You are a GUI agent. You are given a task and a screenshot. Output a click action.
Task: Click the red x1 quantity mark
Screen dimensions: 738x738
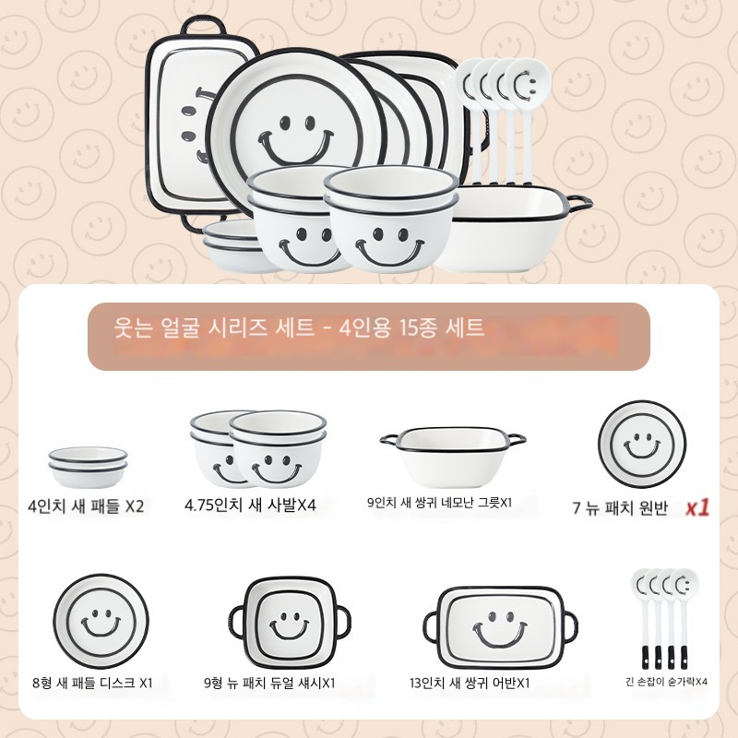click(697, 507)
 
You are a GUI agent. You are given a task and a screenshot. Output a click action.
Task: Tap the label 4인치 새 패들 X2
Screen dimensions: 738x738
click(86, 506)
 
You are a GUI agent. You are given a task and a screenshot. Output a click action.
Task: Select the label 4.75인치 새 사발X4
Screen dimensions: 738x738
click(250, 506)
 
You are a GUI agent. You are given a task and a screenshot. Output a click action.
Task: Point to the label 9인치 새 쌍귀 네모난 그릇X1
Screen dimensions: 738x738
click(439, 503)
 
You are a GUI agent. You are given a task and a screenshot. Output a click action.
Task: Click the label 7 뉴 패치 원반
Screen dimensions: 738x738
click(620, 508)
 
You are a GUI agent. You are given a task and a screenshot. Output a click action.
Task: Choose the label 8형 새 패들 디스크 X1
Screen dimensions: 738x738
click(93, 683)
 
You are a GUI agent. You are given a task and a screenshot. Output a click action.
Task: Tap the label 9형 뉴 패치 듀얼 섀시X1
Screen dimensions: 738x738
click(269, 683)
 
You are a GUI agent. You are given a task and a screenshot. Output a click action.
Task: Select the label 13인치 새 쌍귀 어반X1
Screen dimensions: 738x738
click(470, 683)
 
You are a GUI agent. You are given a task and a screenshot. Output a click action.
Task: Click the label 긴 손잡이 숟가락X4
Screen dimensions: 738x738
click(666, 682)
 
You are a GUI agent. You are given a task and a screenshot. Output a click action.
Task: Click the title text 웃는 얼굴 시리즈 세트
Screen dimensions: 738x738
click(214, 327)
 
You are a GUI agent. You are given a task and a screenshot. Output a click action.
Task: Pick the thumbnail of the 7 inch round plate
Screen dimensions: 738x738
click(642, 445)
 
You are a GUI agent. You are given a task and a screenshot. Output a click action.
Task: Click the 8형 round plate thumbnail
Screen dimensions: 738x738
click(101, 621)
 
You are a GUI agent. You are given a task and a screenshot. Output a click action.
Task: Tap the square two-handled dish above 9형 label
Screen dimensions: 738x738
click(290, 622)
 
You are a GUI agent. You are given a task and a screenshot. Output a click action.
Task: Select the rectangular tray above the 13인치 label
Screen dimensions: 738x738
click(500, 628)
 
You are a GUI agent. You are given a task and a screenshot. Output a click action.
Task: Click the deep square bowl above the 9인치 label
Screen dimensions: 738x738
click(453, 457)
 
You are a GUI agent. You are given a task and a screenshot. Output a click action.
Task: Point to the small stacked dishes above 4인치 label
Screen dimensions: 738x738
click(88, 467)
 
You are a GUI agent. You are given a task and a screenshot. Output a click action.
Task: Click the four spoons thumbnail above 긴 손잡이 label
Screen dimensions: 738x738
click(664, 618)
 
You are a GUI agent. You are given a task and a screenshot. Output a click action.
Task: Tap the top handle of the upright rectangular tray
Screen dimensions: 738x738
click(203, 25)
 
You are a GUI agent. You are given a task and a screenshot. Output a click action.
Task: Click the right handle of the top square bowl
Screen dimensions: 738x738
click(580, 202)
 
